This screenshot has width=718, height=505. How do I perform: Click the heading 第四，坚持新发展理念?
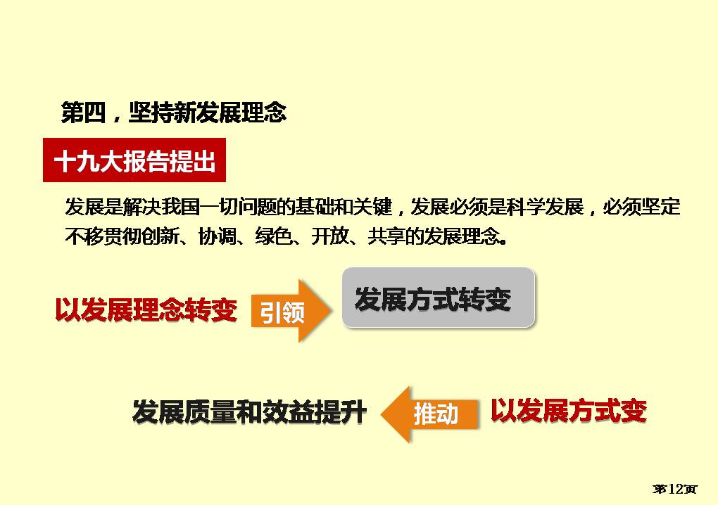click(174, 113)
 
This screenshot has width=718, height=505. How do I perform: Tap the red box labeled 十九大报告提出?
click(134, 160)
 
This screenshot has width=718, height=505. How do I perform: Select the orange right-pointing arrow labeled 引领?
click(291, 311)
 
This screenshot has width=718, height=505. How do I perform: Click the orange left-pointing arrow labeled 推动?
click(429, 414)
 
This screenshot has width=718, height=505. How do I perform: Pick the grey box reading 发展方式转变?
click(439, 298)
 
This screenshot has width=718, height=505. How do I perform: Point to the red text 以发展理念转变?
click(146, 311)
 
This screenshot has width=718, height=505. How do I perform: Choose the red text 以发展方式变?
click(569, 410)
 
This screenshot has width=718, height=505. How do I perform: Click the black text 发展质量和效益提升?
click(250, 411)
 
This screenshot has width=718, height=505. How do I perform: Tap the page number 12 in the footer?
click(676, 489)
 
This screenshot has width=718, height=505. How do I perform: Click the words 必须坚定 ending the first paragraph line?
click(641, 207)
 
